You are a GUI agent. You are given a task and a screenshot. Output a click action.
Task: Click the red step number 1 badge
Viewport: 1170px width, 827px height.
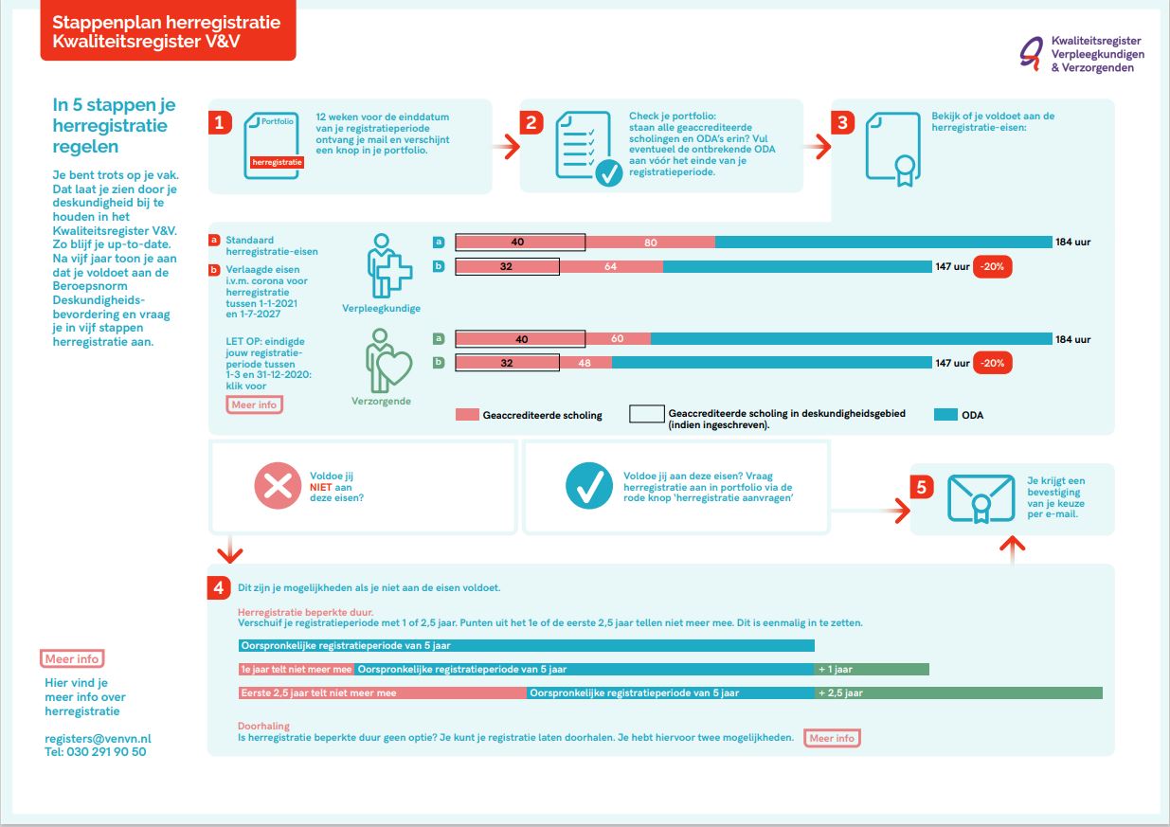pyautogui.click(x=220, y=122)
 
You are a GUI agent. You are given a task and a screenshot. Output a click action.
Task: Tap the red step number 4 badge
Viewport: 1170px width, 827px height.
pyautogui.click(x=219, y=587)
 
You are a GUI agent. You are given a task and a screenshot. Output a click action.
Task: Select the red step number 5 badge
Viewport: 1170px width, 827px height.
pyautogui.click(x=922, y=487)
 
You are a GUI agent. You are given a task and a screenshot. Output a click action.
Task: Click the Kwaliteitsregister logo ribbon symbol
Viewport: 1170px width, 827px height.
pyautogui.click(x=1032, y=53)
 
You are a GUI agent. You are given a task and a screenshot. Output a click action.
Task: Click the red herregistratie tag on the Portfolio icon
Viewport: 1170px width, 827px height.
pyautogui.click(x=277, y=162)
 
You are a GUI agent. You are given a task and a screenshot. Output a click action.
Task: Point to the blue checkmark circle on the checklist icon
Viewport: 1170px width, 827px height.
pyautogui.click(x=608, y=173)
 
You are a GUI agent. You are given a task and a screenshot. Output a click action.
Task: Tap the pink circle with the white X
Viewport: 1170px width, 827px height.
pyautogui.click(x=278, y=486)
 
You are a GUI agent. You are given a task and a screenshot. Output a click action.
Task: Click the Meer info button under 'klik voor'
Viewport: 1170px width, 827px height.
pyautogui.click(x=255, y=405)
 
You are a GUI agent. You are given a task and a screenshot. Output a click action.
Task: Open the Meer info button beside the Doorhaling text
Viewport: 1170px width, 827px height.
pyautogui.click(x=832, y=738)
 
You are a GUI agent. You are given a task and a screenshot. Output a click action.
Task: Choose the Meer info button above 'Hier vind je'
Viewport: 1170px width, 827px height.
pyautogui.click(x=72, y=658)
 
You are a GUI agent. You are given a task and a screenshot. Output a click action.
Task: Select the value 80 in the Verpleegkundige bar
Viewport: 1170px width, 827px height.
pyautogui.click(x=650, y=243)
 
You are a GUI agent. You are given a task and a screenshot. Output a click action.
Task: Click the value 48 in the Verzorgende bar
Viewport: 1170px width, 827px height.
pyautogui.click(x=585, y=363)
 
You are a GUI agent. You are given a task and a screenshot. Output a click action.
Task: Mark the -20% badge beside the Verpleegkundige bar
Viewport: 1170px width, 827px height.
pyautogui.click(x=993, y=266)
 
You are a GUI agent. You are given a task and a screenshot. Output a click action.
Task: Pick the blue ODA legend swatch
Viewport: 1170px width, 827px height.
pyautogui.click(x=945, y=415)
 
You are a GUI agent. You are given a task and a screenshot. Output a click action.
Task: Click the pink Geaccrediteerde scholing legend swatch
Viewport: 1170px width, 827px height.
pyautogui.click(x=467, y=415)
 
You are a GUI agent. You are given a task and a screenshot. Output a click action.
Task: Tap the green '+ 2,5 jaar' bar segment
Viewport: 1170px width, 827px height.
pyautogui.click(x=959, y=692)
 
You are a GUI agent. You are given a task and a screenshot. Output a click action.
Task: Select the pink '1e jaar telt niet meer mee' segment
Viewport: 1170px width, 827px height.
pyautogui.click(x=297, y=669)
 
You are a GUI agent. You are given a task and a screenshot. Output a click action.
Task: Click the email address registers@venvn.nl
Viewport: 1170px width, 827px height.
pyautogui.click(x=98, y=739)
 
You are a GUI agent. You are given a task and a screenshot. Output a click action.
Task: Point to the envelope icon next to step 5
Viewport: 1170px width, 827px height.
pyautogui.click(x=981, y=499)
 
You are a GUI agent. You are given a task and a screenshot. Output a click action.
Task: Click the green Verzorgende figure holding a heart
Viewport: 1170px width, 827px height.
pyautogui.click(x=388, y=361)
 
